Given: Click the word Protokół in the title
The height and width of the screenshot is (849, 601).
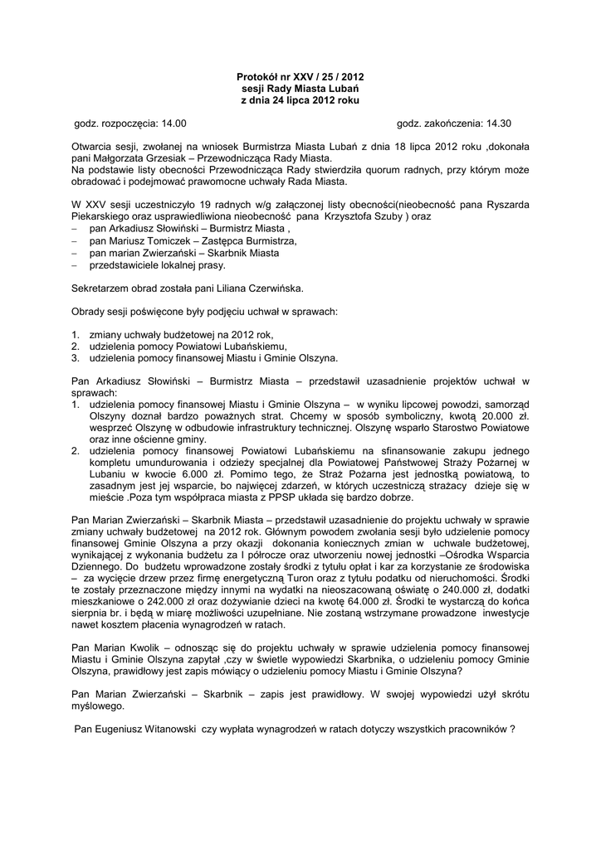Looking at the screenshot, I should tap(257, 77).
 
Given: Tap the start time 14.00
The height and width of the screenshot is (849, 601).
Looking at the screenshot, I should tap(173, 123).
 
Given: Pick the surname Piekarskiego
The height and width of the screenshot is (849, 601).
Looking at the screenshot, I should tap(100, 216).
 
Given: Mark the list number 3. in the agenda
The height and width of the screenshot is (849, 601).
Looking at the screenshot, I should tap(76, 358).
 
